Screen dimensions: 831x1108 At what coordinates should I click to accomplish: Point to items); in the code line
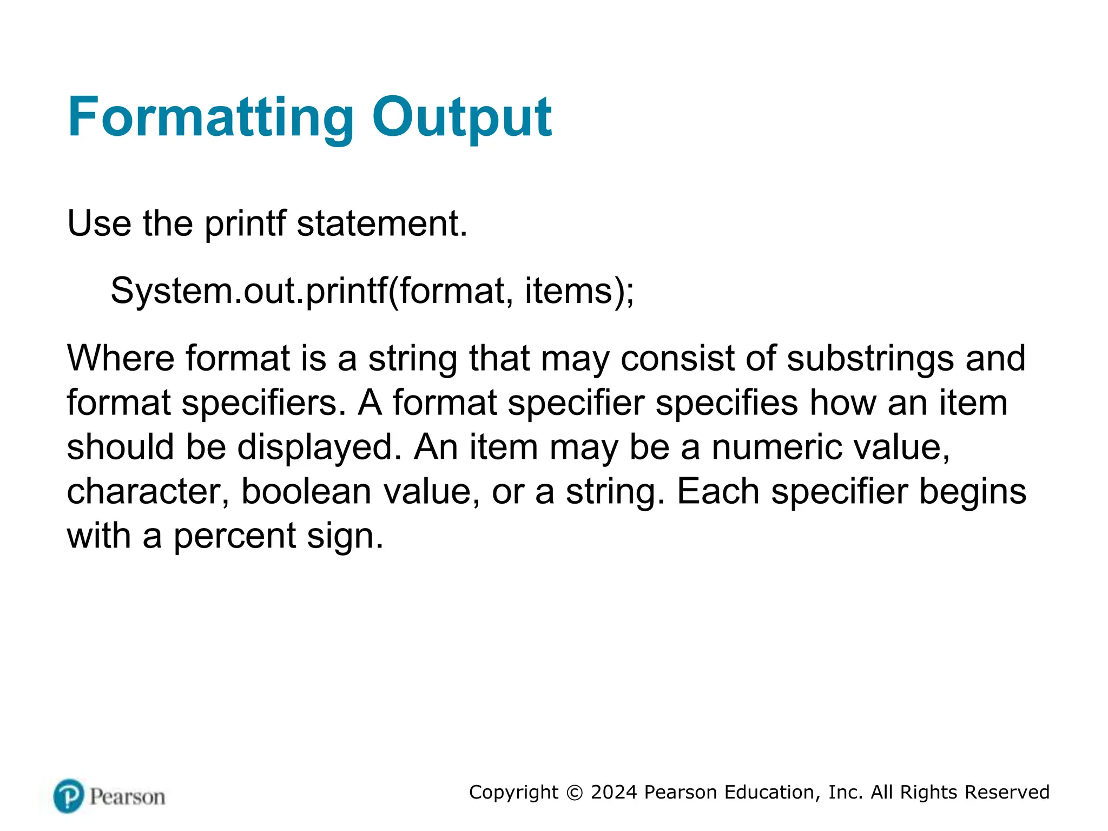coord(579,291)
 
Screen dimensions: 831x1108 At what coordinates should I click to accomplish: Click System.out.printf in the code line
coord(249,291)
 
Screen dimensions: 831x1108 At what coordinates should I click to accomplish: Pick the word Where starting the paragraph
coord(120,358)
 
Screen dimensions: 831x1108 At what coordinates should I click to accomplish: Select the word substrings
coord(870,358)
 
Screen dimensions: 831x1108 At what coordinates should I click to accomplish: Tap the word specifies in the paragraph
coord(727,403)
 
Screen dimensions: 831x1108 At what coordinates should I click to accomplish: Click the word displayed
coord(320,447)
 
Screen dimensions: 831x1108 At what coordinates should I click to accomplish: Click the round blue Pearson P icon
coord(69,796)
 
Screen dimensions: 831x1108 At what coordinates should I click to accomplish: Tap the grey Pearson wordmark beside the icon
coord(127,797)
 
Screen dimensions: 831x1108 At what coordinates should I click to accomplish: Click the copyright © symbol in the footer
coord(575,793)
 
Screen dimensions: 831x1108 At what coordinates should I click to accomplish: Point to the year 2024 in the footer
coord(614,792)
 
